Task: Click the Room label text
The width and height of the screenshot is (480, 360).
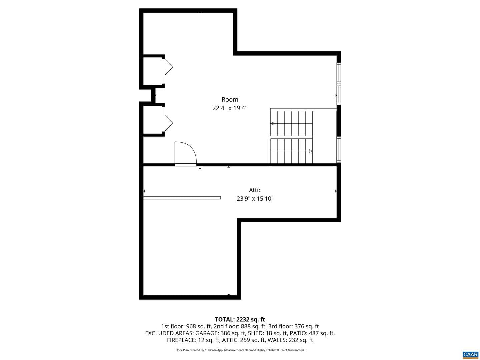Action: point(230,99)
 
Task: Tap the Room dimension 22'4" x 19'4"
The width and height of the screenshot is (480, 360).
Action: point(230,108)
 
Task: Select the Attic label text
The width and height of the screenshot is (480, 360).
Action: point(255,190)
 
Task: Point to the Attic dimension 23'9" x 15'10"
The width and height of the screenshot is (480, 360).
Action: point(255,198)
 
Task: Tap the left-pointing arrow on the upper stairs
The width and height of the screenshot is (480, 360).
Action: point(272,123)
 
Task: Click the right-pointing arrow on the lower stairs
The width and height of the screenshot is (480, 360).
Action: point(311,151)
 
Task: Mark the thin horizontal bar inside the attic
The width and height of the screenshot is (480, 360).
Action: point(182,198)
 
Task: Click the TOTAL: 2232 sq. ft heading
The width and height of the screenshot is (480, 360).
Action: point(240,319)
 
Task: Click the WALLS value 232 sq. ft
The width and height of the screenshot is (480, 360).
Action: point(301,340)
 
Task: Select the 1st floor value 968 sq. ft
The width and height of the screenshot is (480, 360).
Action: point(198,326)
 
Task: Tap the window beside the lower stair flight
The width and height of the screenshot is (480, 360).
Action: point(339,150)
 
